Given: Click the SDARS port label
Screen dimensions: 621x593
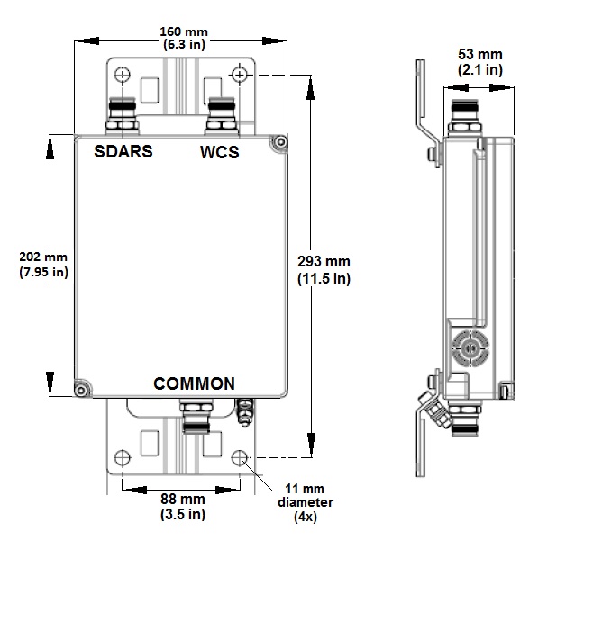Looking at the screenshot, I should pyautogui.click(x=123, y=151).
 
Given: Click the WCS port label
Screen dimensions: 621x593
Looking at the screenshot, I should pyautogui.click(x=220, y=152).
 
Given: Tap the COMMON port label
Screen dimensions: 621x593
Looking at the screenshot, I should pyautogui.click(x=194, y=383).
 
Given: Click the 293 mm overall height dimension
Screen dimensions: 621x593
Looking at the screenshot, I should pyautogui.click(x=323, y=269).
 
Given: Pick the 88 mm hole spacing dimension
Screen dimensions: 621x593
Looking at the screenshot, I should pyautogui.click(x=180, y=506).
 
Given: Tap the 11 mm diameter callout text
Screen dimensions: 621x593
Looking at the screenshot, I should pyautogui.click(x=306, y=502).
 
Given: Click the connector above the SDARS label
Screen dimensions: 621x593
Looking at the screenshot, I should pyautogui.click(x=123, y=116).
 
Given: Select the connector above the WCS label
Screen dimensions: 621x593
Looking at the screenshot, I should pyautogui.click(x=220, y=116).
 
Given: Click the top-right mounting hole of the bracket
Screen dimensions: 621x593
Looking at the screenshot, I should pyautogui.click(x=240, y=74).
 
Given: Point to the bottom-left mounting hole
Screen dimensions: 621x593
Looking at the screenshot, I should pyautogui.click(x=123, y=456).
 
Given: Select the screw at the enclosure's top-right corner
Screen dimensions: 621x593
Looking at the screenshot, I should pyautogui.click(x=280, y=142).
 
